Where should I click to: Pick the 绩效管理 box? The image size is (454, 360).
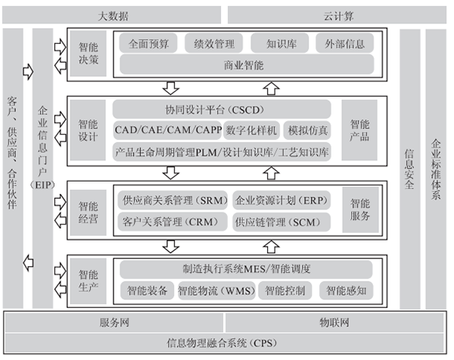(213, 43)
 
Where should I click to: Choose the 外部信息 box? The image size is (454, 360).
(344, 43)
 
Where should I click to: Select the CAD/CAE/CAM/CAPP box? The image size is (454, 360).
(167, 130)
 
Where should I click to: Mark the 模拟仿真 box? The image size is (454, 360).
(309, 130)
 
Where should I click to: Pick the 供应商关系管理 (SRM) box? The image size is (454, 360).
(172, 201)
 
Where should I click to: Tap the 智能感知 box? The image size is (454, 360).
(345, 290)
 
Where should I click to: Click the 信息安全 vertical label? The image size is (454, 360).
(409, 170)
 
